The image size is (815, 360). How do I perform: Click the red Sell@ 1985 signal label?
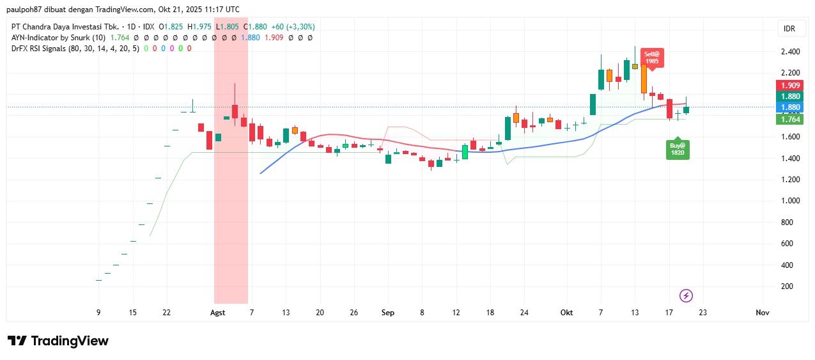coord(651,58)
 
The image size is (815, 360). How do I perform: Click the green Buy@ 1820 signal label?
coord(677,149)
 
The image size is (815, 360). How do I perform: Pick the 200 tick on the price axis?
coord(788,286)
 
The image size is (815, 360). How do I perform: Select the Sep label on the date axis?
coord(387,313)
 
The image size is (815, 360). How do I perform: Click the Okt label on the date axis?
coord(566,313)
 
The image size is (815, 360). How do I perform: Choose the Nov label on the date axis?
coord(762,313)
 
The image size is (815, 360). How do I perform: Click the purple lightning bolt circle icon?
coord(686,295)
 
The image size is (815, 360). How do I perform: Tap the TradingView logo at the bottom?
coord(58,341)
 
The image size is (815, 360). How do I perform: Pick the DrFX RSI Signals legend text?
coord(47,49)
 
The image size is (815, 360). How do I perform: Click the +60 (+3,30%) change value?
coord(293,27)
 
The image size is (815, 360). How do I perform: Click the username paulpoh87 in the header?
coord(28,9)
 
